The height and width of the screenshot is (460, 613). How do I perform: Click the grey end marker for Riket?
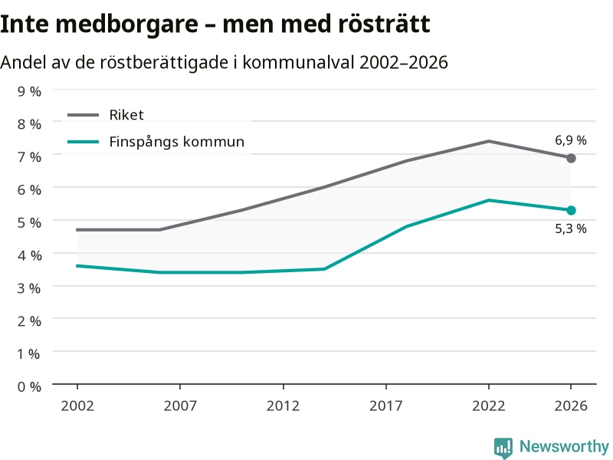pos(571,158)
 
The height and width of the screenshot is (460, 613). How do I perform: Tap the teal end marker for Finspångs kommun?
pos(571,210)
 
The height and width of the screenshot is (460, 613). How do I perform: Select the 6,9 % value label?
pos(571,140)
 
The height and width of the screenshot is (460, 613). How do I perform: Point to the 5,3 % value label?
pos(571,228)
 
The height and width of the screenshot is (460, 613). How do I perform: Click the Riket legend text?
pos(126,115)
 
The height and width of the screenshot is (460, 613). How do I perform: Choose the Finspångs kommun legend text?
pos(177,142)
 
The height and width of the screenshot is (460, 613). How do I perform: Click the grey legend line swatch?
pos(84,115)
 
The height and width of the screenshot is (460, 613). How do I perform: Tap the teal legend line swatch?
pos(84,142)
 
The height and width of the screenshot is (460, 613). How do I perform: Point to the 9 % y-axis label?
pos(29,91)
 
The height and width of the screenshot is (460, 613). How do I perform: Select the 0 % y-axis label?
pos(29,387)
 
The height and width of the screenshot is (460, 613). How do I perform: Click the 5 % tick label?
pos(29,222)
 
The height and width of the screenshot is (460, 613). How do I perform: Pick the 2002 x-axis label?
pos(77,406)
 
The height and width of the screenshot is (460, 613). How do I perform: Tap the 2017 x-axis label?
pos(386,406)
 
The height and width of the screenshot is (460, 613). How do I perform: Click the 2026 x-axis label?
pos(571,406)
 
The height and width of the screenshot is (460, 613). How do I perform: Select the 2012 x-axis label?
pos(283,406)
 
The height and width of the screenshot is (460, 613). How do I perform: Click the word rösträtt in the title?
pos(384,24)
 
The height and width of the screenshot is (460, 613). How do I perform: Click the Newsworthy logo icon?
pos(503,448)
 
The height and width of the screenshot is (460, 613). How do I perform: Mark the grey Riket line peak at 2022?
pos(489,141)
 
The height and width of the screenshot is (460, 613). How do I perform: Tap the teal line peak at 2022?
pos(489,200)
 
